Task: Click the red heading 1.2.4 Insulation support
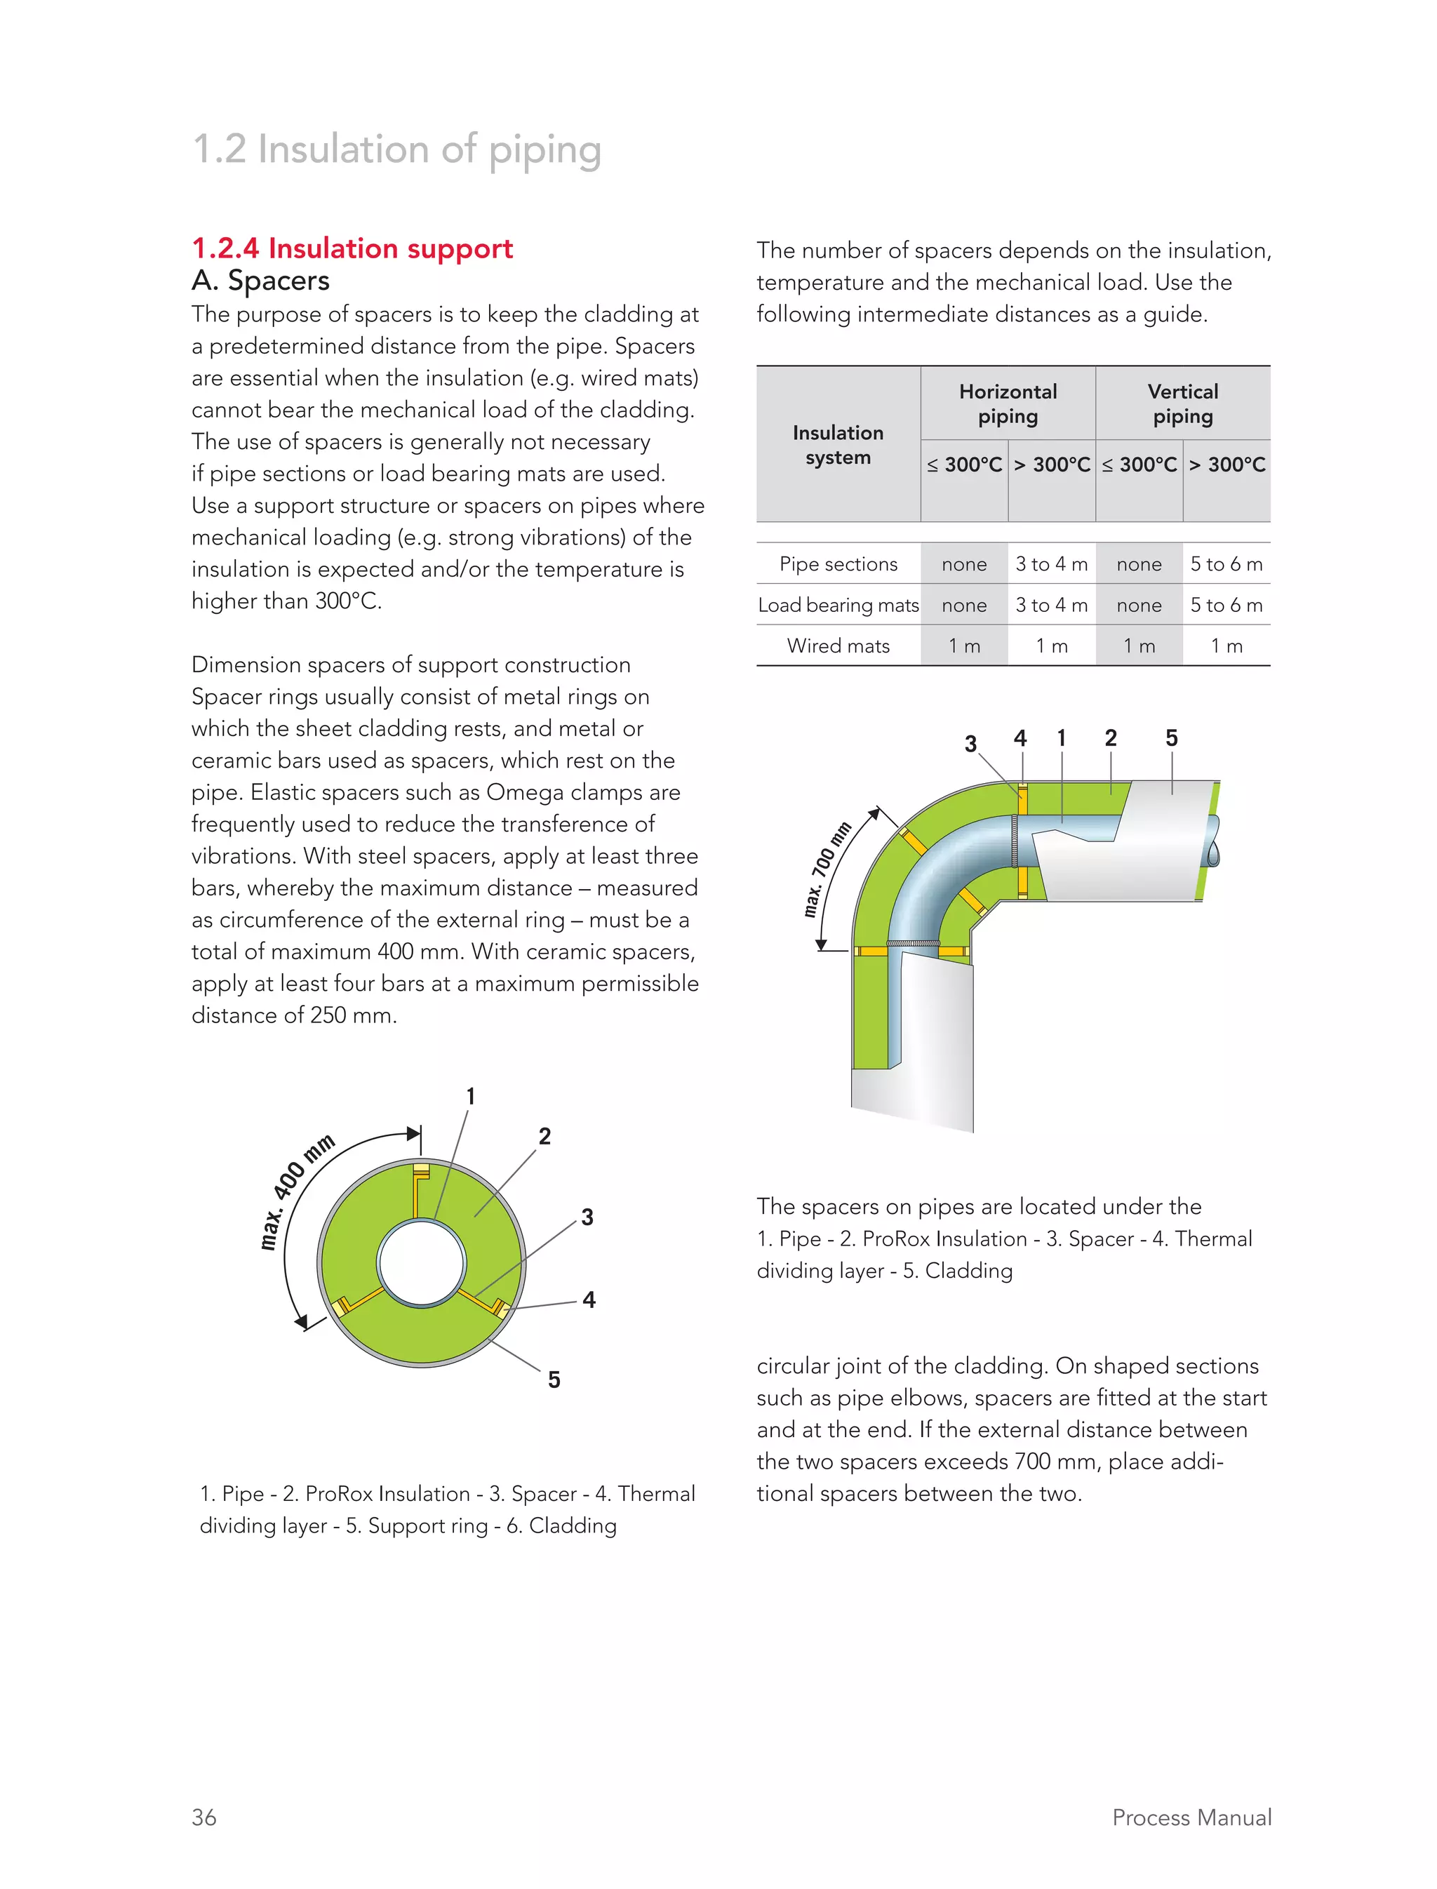pyautogui.click(x=352, y=248)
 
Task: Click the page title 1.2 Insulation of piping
pyautogui.click(x=397, y=149)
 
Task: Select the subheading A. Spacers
pyautogui.click(x=260, y=281)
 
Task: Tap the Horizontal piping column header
pyautogui.click(x=1008, y=403)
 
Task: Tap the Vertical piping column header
pyautogui.click(x=1182, y=403)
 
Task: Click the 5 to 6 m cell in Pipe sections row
pyautogui.click(x=1226, y=563)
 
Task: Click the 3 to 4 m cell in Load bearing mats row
pyautogui.click(x=1051, y=605)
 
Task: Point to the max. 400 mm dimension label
pyautogui.click(x=297, y=1193)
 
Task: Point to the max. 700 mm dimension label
pyautogui.click(x=827, y=869)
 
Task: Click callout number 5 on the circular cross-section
pyautogui.click(x=554, y=1379)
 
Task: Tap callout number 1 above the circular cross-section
pyautogui.click(x=470, y=1096)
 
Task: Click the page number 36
pyautogui.click(x=203, y=1817)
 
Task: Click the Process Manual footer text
pyautogui.click(x=1191, y=1817)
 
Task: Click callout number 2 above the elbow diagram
pyautogui.click(x=1110, y=737)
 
